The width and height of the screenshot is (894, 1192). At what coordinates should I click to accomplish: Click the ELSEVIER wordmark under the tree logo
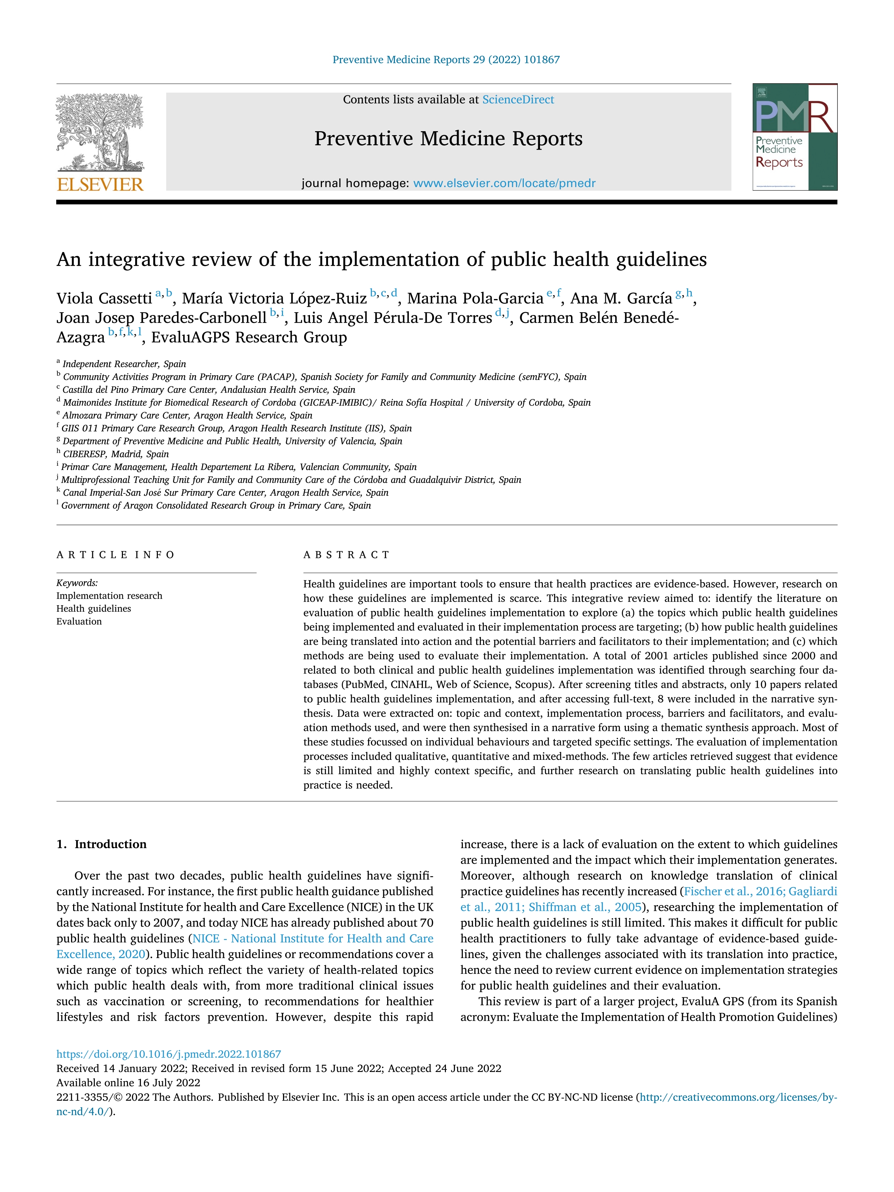click(x=100, y=185)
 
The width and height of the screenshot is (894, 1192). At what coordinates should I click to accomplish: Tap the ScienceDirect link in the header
click(x=518, y=100)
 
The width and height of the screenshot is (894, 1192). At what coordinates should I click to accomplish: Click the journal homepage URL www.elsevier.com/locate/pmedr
click(x=504, y=183)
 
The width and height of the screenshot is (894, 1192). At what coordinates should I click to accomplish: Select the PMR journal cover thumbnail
click(x=795, y=137)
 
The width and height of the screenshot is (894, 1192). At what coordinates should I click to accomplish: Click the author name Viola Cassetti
click(x=104, y=298)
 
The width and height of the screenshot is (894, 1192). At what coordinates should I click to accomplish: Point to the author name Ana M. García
click(x=621, y=298)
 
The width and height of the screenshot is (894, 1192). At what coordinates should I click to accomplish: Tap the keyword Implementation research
click(x=109, y=595)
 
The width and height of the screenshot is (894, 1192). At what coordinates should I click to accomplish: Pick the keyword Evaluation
click(x=79, y=621)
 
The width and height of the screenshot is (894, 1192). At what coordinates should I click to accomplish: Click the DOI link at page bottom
click(x=169, y=1054)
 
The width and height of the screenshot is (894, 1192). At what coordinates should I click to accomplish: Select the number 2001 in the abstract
click(x=658, y=656)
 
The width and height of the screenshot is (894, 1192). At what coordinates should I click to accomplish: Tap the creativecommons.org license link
click(x=738, y=1097)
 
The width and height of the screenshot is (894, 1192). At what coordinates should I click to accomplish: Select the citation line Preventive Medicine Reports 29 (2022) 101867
click(x=446, y=60)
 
